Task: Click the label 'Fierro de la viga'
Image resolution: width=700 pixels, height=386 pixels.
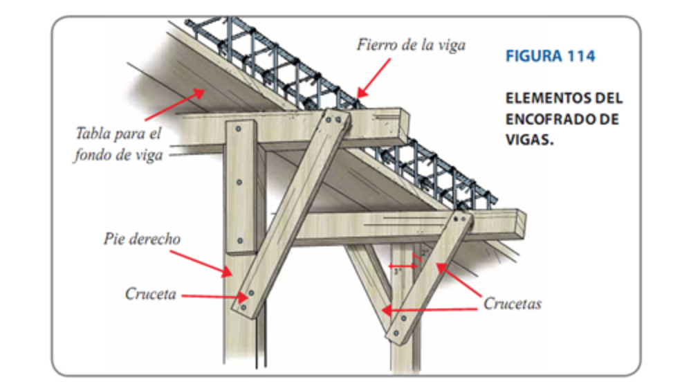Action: point(411,45)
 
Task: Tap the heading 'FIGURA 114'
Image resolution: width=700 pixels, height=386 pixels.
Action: point(550,57)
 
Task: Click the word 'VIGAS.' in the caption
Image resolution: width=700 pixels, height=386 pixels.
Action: point(531,139)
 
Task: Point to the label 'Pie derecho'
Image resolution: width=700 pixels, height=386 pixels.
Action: point(142,239)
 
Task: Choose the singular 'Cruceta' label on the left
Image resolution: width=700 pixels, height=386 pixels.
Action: point(150,293)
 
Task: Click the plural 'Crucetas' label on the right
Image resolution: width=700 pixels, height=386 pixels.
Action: point(512,303)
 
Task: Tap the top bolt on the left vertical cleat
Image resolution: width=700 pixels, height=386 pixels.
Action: point(239,129)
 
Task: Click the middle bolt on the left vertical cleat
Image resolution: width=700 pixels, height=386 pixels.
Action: point(239,183)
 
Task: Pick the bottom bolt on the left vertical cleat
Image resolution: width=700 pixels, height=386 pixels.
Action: point(240,241)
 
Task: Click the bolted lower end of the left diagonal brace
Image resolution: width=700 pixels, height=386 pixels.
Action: point(246,299)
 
